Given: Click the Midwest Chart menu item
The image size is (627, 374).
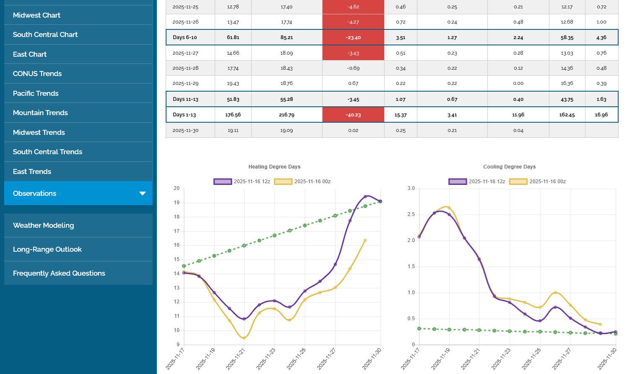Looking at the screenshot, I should click(x=36, y=15).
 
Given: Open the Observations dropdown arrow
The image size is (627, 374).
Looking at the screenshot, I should click(x=143, y=193).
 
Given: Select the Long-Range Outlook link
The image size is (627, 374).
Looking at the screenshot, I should click(x=47, y=249).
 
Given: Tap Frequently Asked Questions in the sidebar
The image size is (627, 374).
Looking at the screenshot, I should click(x=59, y=273).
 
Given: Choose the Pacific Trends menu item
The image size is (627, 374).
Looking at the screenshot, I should click(x=36, y=93).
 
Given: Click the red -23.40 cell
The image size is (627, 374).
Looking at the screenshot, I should click(x=353, y=37).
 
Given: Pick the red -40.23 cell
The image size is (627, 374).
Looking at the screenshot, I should click(x=353, y=115).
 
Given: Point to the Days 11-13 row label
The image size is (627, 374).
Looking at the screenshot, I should click(x=185, y=99).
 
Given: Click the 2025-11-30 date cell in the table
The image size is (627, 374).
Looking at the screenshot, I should click(x=185, y=130).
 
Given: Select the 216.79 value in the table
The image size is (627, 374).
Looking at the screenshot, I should click(x=286, y=115).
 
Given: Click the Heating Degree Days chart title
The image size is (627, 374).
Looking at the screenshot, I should click(x=274, y=167).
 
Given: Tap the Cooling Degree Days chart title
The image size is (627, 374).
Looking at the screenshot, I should click(x=509, y=167).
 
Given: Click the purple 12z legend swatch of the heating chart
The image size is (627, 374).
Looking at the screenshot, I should click(x=222, y=182).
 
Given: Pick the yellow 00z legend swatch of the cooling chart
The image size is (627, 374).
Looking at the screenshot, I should click(x=518, y=182).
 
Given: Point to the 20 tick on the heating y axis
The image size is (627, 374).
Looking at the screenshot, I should click(x=177, y=188).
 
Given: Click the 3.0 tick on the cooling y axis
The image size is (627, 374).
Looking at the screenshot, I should click(x=411, y=188).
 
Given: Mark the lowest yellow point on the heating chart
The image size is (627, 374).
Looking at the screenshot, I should click(x=244, y=338).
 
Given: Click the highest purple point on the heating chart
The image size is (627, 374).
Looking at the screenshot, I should click(x=365, y=197).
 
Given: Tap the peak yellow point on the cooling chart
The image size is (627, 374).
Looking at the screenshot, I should click(x=449, y=208).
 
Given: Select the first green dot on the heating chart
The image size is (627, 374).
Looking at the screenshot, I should click(x=184, y=266).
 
